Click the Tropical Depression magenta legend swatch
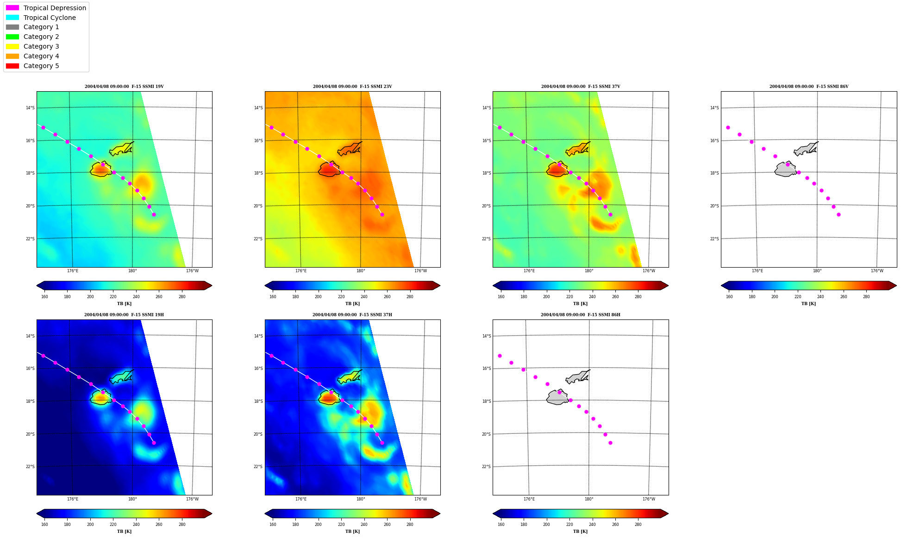(x=13, y=8)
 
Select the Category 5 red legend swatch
(x=13, y=66)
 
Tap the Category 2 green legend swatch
(x=13, y=37)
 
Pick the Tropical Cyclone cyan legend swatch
(x=13, y=18)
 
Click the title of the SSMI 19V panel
(x=124, y=87)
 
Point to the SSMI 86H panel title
(x=581, y=315)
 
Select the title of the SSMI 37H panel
(x=352, y=315)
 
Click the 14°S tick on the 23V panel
(x=258, y=108)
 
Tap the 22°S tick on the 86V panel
(x=714, y=239)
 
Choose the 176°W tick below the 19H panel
(x=192, y=499)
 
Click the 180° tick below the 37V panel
(x=589, y=271)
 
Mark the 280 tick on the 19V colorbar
(x=182, y=297)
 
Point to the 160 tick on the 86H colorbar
(x=501, y=525)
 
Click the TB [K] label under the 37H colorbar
(x=352, y=532)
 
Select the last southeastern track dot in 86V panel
(x=838, y=214)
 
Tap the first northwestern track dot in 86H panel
(x=500, y=356)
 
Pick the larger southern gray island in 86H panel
(x=557, y=397)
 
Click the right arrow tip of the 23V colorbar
(x=440, y=286)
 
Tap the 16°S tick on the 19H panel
(x=30, y=369)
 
